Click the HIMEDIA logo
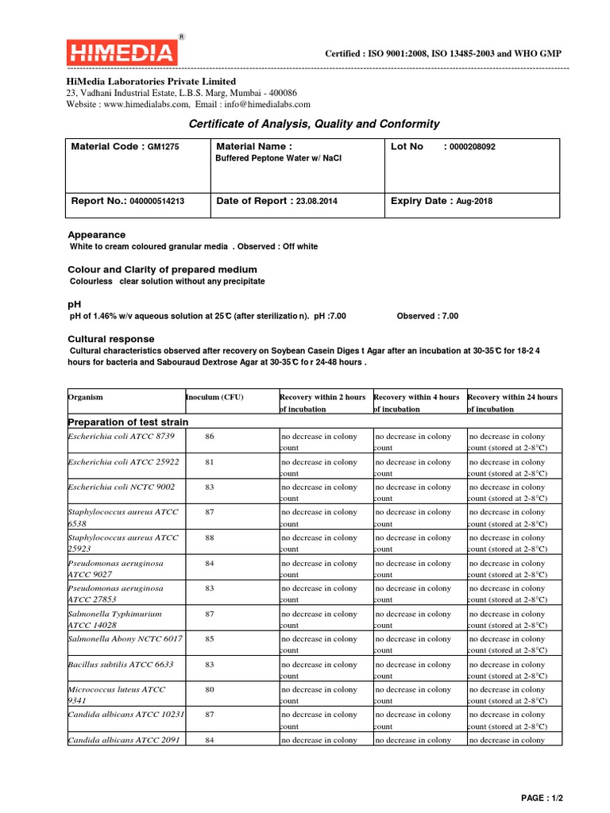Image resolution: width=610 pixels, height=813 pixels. (122, 52)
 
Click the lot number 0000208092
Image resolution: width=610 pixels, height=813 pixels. (472, 147)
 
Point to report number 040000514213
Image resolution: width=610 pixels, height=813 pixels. (157, 202)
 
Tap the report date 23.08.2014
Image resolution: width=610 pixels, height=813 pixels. (316, 202)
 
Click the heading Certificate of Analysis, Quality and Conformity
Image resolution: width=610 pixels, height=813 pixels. (313, 124)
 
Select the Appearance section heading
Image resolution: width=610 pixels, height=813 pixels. (96, 235)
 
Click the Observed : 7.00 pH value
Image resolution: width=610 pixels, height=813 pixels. (427, 316)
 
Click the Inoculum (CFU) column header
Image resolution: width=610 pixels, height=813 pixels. (214, 397)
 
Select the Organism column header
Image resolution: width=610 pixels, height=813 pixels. (86, 397)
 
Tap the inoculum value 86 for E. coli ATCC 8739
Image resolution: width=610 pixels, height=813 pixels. (210, 437)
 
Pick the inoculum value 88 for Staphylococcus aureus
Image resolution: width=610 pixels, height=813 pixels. (210, 538)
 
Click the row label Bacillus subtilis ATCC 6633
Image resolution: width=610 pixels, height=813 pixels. (121, 665)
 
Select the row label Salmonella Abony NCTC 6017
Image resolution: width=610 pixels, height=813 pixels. (125, 639)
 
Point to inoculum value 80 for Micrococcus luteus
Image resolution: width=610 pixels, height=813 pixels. (210, 690)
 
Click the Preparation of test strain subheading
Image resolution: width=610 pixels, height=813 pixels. (129, 422)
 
